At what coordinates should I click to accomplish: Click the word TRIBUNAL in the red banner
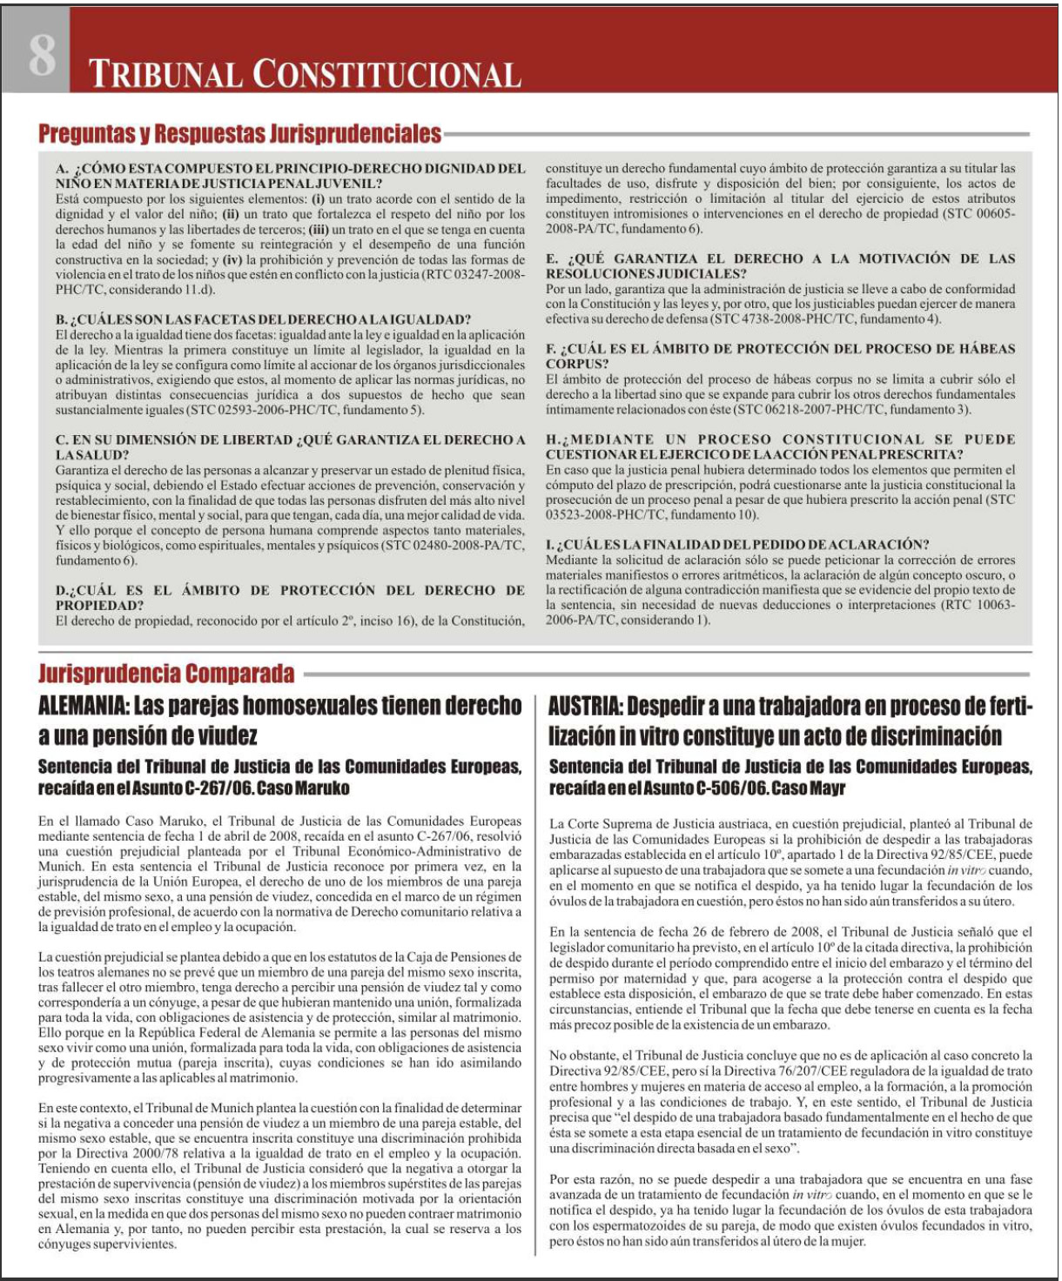point(165,75)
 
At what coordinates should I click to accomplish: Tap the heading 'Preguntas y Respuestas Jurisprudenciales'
point(239,134)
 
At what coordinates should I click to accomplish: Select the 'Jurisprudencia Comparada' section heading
point(166,674)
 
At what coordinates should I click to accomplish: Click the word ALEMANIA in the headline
point(83,706)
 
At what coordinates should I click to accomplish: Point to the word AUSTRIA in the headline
point(585,706)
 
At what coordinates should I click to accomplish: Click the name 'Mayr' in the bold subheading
point(826,788)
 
